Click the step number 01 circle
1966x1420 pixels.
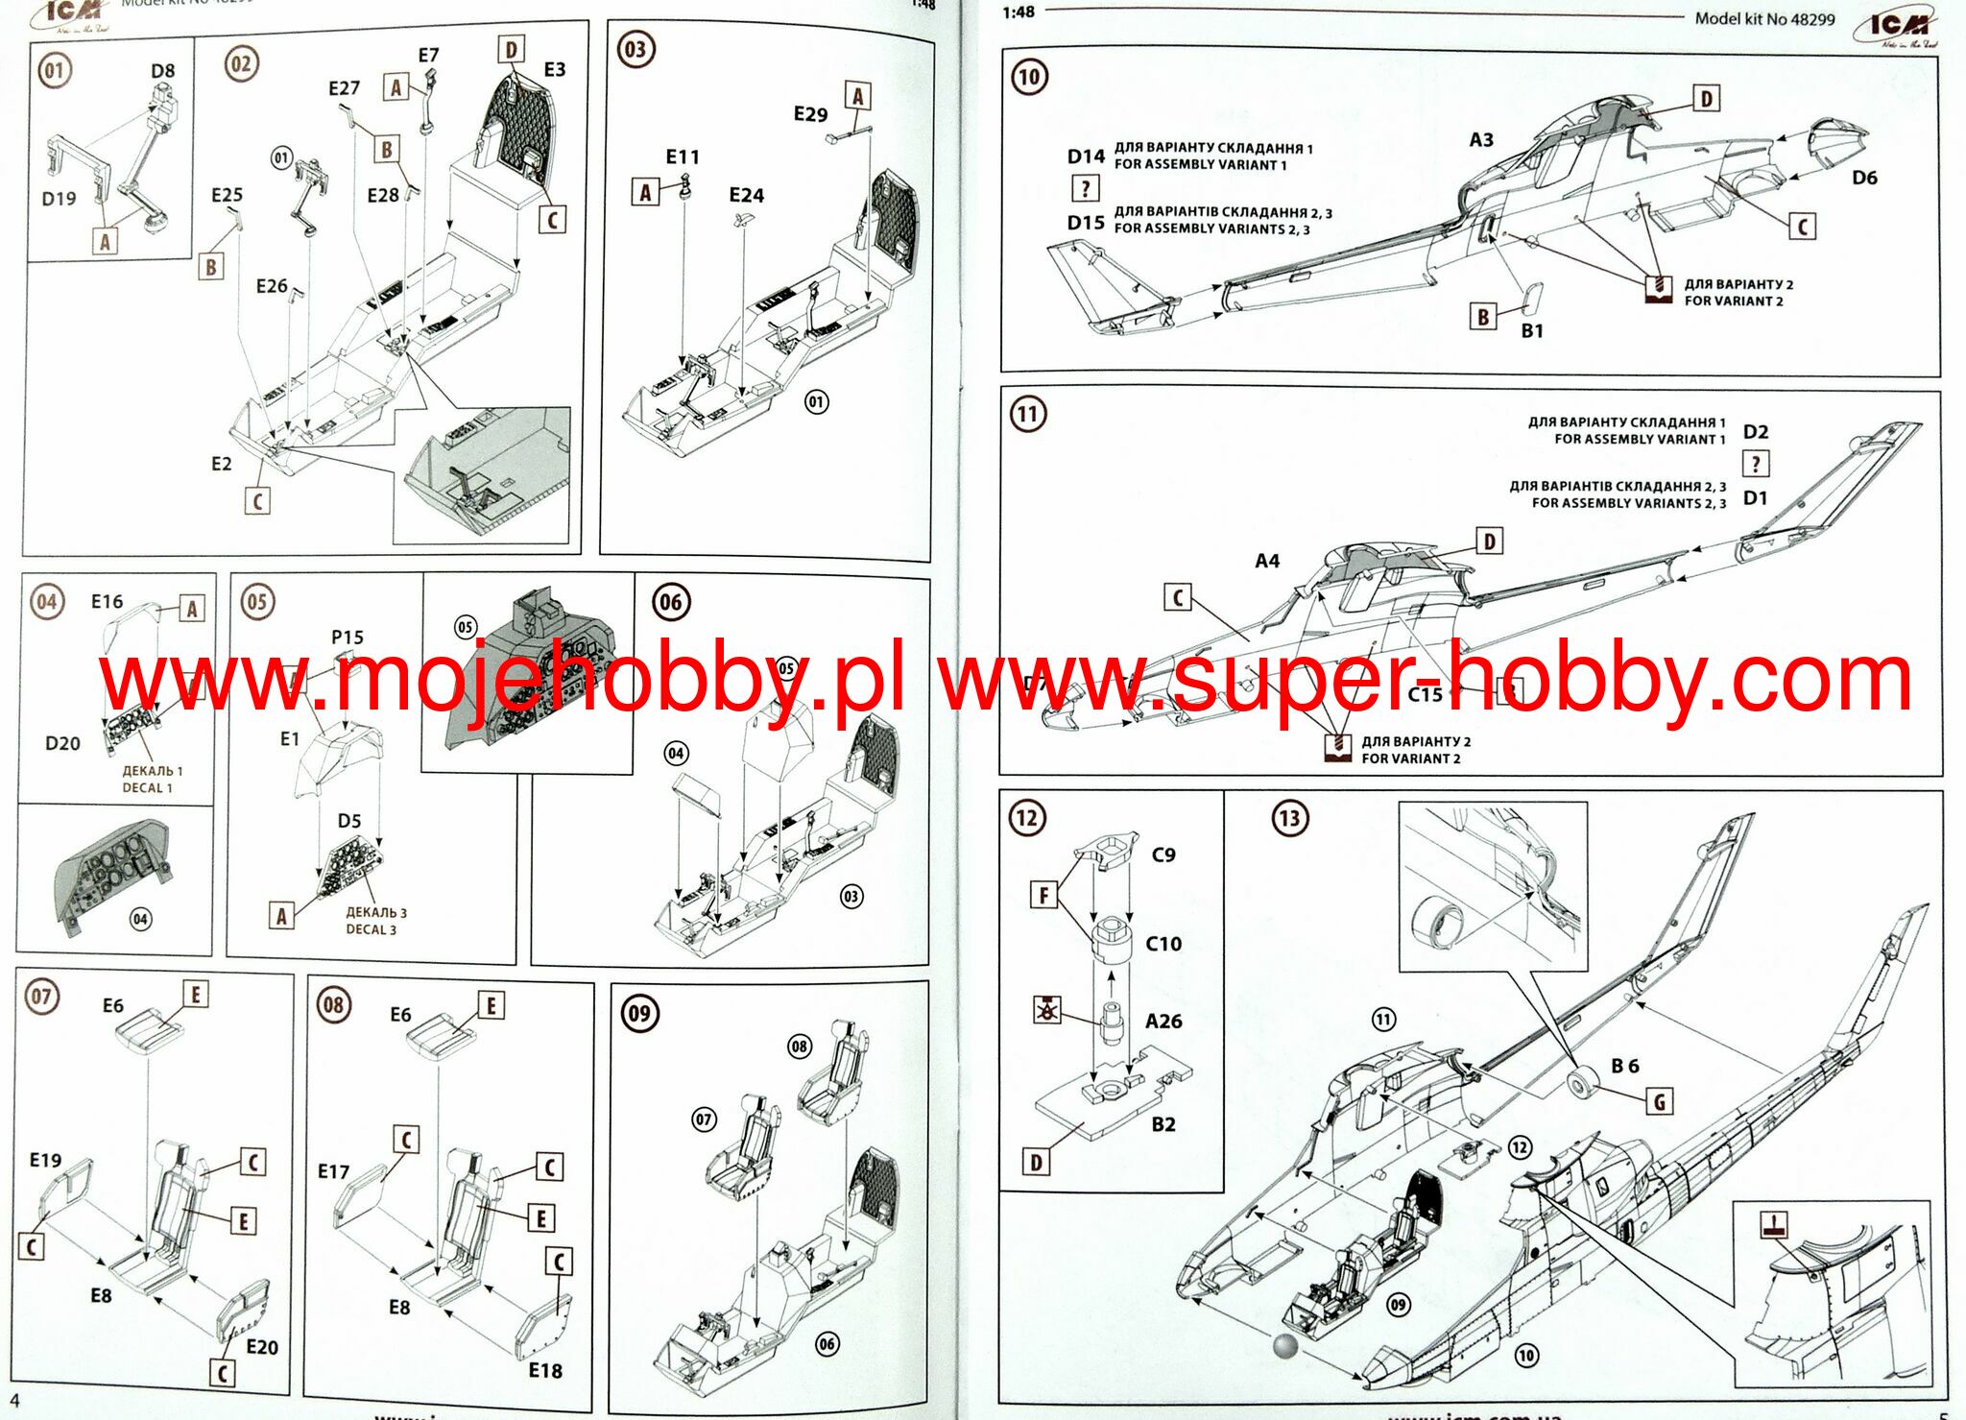[54, 70]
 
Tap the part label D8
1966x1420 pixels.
[162, 71]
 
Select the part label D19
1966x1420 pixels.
[59, 199]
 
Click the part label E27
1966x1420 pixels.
[344, 89]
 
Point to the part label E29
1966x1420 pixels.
[810, 114]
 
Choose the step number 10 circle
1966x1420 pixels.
[1029, 77]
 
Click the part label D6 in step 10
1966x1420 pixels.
[1864, 178]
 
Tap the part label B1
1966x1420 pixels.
[1532, 331]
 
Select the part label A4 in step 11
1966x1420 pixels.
[1267, 561]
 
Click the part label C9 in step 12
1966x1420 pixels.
[1163, 854]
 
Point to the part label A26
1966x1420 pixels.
[1163, 1022]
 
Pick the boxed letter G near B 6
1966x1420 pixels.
[1660, 1102]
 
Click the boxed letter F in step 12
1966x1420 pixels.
[1043, 896]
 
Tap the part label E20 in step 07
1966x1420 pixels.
[262, 1347]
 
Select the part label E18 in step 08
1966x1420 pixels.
[545, 1371]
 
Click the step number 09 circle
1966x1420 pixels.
[639, 1014]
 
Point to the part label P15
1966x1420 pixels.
[348, 638]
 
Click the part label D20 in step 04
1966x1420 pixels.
[62, 744]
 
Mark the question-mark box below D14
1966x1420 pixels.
[1085, 188]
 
